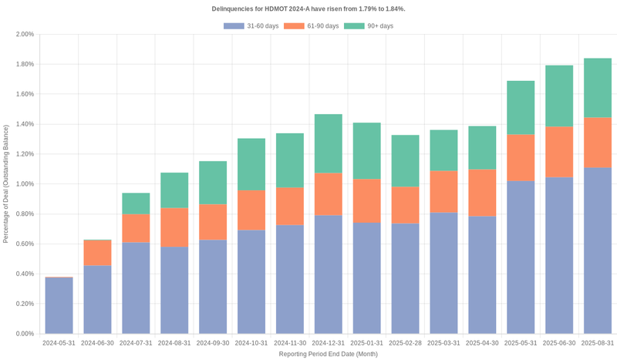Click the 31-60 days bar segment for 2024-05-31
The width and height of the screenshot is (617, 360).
59,305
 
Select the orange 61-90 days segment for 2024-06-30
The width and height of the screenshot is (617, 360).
98,253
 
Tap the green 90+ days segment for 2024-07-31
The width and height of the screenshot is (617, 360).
136,204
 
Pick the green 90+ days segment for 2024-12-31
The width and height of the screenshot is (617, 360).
329,143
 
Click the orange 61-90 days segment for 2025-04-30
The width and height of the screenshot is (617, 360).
482,193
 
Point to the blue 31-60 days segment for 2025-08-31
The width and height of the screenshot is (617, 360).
598,251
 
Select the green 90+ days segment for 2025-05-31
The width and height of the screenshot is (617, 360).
521,108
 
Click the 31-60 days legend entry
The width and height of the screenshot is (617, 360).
251,26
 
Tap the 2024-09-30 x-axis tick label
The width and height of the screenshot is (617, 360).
213,343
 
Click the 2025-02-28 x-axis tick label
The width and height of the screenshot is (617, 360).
406,343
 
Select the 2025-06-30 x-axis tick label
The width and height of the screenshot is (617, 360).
559,343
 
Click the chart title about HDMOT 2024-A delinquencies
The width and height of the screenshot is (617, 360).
308,8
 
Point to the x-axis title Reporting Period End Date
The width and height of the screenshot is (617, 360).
329,354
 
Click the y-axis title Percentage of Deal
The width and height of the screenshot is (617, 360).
6,183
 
